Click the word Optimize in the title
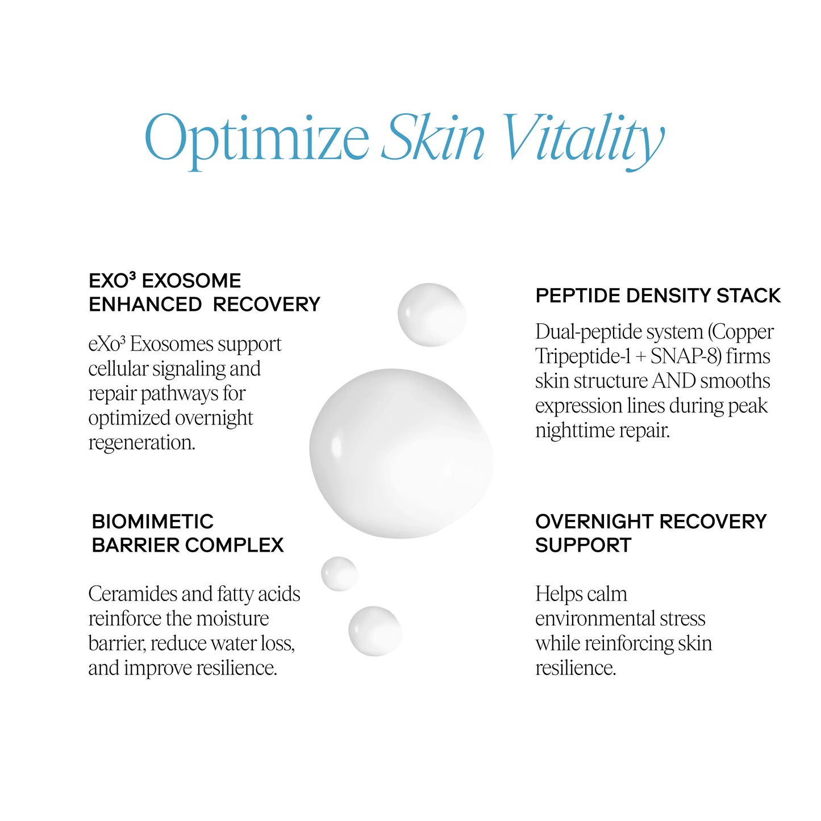(x=257, y=139)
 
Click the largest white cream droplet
(x=401, y=453)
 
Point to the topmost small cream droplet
(x=431, y=314)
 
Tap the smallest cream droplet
(x=339, y=573)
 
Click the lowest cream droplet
(x=375, y=631)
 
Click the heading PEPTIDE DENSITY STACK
(x=658, y=295)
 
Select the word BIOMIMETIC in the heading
(x=152, y=521)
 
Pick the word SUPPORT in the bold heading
(x=583, y=545)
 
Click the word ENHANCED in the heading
(x=145, y=305)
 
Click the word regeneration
(x=141, y=443)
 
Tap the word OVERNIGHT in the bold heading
(x=594, y=521)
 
